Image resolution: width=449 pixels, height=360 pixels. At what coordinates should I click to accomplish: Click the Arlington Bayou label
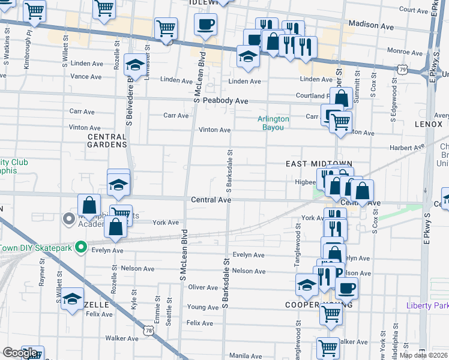pos(273,123)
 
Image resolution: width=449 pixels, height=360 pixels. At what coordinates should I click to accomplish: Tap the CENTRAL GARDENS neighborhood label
pos(107,140)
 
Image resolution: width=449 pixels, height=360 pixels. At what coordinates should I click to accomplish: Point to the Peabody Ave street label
pos(225,101)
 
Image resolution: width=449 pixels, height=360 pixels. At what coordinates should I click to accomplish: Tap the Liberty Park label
pos(427,305)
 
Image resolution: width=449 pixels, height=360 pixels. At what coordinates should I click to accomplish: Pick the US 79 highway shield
pos(403,71)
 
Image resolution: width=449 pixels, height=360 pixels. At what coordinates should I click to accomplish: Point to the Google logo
pos(20,353)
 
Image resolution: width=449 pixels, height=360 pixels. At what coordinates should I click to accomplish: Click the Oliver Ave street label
pos(203,288)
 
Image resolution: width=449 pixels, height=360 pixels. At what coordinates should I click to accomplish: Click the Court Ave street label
pos(413,10)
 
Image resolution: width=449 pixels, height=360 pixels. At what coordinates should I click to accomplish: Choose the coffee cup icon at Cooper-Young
pos(345,288)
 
